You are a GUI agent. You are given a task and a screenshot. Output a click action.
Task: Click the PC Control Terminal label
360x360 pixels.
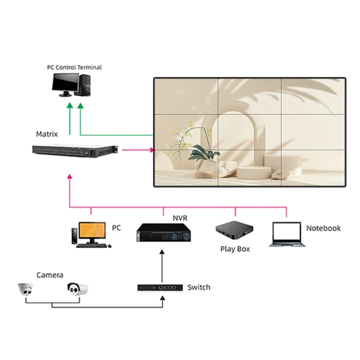point(74,67)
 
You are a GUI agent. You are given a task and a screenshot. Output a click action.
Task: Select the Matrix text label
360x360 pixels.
point(47,134)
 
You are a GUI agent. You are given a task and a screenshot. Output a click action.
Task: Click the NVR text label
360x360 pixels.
point(180,218)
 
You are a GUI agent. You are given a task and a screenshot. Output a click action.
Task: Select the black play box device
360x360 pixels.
point(234,230)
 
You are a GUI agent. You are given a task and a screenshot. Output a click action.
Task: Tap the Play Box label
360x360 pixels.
point(235,249)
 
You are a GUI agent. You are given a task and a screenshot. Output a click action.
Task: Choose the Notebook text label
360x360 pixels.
point(323,229)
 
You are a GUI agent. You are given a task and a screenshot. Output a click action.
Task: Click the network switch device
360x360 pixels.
point(160,287)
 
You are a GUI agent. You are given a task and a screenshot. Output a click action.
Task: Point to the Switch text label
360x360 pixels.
point(198,287)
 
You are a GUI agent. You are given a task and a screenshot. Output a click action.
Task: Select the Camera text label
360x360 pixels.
point(49,275)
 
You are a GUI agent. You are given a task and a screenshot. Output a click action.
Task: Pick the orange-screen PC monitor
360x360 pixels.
point(92,231)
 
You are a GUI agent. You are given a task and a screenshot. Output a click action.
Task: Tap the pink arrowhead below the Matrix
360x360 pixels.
point(69,177)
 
